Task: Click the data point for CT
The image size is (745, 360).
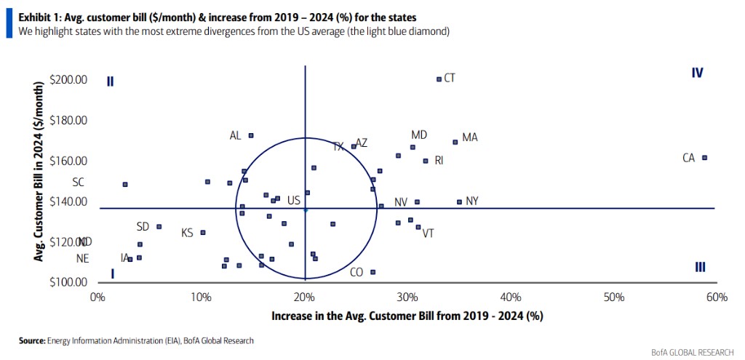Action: click(439, 79)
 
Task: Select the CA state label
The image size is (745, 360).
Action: click(689, 158)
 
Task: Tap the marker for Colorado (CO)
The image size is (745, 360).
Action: click(373, 272)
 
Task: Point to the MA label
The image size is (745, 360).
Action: click(469, 137)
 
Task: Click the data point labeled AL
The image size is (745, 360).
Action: click(251, 135)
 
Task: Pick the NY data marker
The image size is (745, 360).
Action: click(459, 201)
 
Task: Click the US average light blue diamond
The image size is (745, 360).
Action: click(306, 209)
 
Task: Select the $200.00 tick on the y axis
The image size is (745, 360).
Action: click(68, 80)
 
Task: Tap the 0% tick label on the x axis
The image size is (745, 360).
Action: click(97, 297)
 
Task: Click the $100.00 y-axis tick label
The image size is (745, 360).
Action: click(68, 283)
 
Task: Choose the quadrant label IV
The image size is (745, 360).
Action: click(697, 73)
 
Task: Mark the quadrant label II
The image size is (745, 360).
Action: click(110, 81)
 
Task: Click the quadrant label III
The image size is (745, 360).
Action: click(700, 267)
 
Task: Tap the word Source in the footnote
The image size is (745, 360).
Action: click(31, 340)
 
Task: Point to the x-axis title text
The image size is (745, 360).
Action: click(407, 316)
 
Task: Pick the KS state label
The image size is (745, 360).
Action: click(187, 233)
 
